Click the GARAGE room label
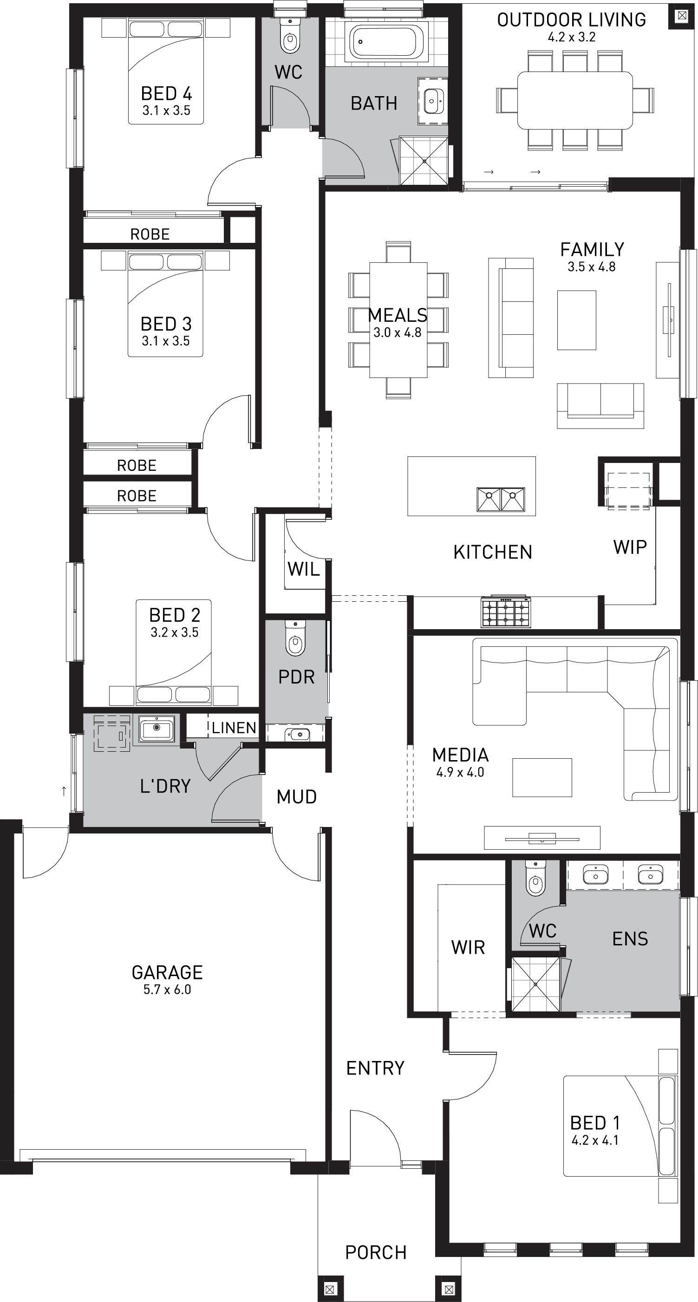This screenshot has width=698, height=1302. pyautogui.click(x=167, y=972)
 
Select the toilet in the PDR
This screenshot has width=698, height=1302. pyautogui.click(x=295, y=639)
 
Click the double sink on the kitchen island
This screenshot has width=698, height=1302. pyautogui.click(x=501, y=499)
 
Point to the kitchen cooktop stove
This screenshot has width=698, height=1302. pyautogui.click(x=506, y=612)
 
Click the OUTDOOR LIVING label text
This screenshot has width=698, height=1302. pyautogui.click(x=572, y=20)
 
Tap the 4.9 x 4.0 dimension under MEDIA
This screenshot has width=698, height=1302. pyautogui.click(x=460, y=772)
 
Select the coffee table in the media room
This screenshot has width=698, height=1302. pyautogui.click(x=542, y=777)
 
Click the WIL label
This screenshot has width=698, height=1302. pyautogui.click(x=303, y=569)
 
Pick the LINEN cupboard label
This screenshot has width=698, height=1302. pyautogui.click(x=234, y=727)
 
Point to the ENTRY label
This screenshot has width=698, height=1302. pyautogui.click(x=375, y=1068)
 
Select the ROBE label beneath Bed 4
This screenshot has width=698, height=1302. pyautogui.click(x=150, y=234)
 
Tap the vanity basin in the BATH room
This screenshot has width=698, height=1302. pyautogui.click(x=432, y=101)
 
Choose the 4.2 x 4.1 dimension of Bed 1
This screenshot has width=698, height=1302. pyautogui.click(x=595, y=1140)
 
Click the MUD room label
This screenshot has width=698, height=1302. pyautogui.click(x=297, y=796)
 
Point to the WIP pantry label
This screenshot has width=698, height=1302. pyautogui.click(x=630, y=547)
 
